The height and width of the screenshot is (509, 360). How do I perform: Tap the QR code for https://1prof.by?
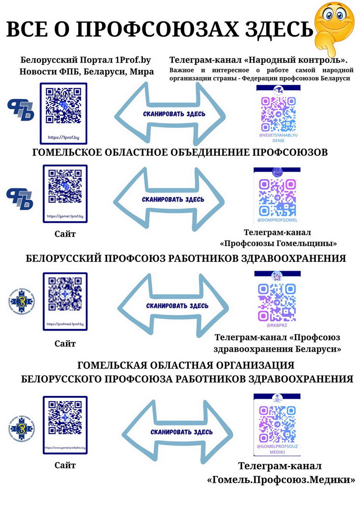click(63, 106)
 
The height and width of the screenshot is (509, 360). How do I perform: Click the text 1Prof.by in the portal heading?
click(133, 61)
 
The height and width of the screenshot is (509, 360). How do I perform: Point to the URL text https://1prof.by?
click(63, 138)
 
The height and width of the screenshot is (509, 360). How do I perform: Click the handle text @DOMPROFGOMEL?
click(277, 220)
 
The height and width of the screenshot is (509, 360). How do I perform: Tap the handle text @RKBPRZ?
click(277, 325)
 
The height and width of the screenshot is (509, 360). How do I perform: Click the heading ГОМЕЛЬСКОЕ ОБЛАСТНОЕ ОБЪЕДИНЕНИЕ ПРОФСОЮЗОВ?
click(180, 153)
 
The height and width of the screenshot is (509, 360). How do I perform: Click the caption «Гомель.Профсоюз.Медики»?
click(281, 480)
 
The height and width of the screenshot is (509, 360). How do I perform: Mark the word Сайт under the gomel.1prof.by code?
click(65, 234)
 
